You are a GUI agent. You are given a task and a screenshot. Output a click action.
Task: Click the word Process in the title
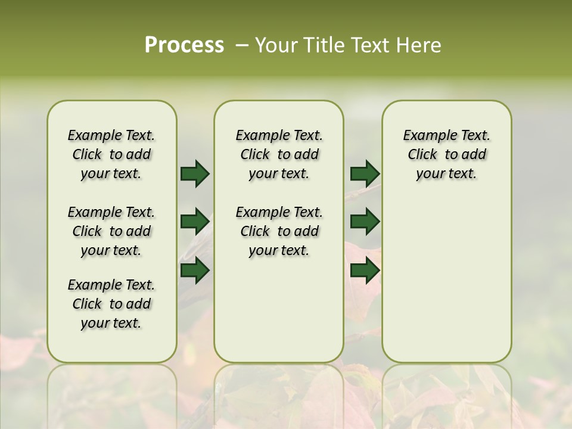coord(184,45)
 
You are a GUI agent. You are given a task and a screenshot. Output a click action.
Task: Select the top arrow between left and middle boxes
coord(195,173)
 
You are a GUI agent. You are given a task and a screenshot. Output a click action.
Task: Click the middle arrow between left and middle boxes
coord(195,222)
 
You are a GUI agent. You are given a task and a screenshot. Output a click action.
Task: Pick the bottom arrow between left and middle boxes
coord(195,270)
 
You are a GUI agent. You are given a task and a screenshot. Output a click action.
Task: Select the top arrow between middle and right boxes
coord(365,173)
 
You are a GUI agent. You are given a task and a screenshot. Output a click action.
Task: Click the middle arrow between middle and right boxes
coord(365,222)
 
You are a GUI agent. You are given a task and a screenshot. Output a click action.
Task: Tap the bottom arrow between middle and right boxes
coord(365,270)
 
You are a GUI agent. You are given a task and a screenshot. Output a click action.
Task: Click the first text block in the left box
coord(111,154)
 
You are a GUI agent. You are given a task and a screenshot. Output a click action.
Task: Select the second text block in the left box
coord(111,231)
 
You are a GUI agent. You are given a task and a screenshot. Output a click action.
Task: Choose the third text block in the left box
coord(111,304)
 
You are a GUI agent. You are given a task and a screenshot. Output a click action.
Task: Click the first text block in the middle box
coord(279,154)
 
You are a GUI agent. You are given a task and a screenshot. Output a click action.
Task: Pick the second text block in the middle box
coord(279,231)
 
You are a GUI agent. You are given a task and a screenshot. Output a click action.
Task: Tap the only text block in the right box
coord(447,154)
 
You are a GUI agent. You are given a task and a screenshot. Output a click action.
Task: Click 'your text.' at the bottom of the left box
coord(111,323)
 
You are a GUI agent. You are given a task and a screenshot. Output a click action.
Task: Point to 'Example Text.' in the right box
coord(447,135)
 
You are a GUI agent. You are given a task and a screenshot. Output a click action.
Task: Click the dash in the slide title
coord(242,45)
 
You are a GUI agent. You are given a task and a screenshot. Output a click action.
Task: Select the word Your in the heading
coord(276,45)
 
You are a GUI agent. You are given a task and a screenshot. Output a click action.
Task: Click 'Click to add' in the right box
coord(447,154)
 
